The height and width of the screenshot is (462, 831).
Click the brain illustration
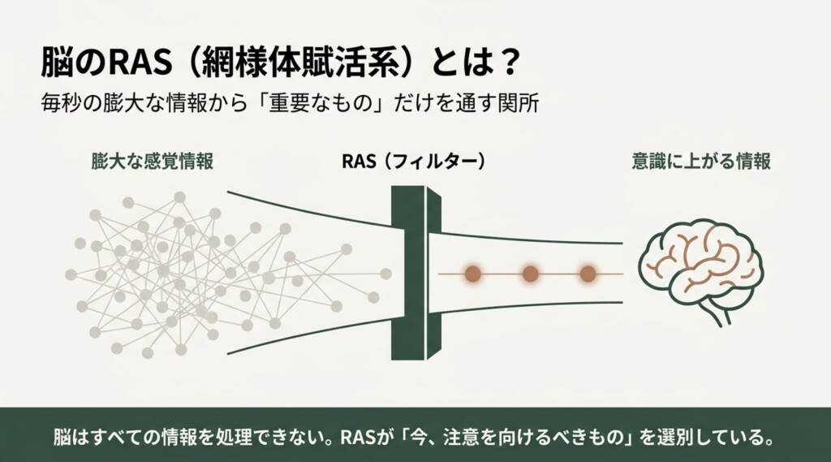pyautogui.click(x=700, y=270)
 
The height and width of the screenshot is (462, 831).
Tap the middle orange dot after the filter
pyautogui.click(x=531, y=274)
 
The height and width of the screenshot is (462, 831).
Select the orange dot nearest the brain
pyautogui.click(x=588, y=274)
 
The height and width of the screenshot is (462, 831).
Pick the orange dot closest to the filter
pyautogui.click(x=473, y=274)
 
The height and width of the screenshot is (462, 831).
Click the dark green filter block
pyautogui.click(x=416, y=273)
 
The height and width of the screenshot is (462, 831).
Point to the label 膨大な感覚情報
pyautogui.click(x=152, y=162)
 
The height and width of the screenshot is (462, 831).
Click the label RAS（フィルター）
pyautogui.click(x=413, y=162)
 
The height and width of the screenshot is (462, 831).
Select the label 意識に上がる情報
pyautogui.click(x=701, y=162)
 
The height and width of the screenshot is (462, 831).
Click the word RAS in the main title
pyautogui.click(x=140, y=63)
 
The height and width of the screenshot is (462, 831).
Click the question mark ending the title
pyautogui.click(x=509, y=63)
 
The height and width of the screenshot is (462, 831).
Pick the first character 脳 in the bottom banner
pyautogui.click(x=62, y=438)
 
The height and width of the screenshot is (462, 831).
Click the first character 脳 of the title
pyautogui.click(x=56, y=63)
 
